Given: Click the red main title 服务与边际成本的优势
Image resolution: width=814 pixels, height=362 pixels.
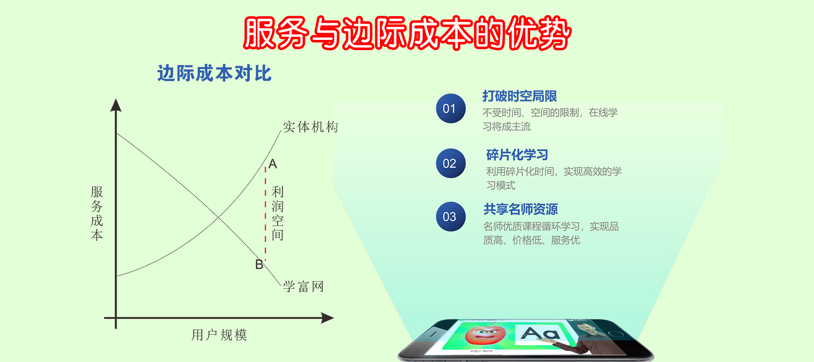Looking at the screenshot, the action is (x=407, y=33).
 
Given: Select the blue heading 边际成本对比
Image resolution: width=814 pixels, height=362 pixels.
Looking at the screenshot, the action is (x=214, y=73).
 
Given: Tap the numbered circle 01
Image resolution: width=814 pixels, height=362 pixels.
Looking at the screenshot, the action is (x=451, y=108).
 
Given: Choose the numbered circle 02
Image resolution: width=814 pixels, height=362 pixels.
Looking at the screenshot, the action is (x=451, y=163).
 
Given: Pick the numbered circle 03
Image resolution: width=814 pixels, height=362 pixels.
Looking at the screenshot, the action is (x=451, y=216).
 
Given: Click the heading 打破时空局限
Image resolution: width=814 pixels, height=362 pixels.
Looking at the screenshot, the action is (x=519, y=96).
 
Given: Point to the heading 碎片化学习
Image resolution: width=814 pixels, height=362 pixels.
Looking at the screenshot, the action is (x=517, y=155).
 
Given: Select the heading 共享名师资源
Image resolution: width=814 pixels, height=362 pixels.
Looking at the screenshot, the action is (x=521, y=209).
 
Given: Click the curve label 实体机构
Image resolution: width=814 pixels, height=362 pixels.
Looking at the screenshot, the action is (x=310, y=127).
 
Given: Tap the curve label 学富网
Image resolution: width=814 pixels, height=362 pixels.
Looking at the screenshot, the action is (x=304, y=286).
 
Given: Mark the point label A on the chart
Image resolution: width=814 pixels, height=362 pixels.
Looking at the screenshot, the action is (x=273, y=164).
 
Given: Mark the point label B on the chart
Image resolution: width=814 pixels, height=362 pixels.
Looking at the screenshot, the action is (x=259, y=264).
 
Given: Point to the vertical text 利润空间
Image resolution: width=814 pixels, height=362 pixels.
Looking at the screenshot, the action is (x=278, y=213).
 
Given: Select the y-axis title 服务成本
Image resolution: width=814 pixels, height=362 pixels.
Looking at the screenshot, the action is (x=97, y=213).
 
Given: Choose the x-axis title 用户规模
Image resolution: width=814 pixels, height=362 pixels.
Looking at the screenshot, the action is (x=219, y=335).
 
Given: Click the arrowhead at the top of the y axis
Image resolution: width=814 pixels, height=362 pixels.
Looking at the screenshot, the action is (x=116, y=105).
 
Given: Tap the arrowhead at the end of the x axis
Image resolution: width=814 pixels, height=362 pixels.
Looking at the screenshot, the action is (x=327, y=318).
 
